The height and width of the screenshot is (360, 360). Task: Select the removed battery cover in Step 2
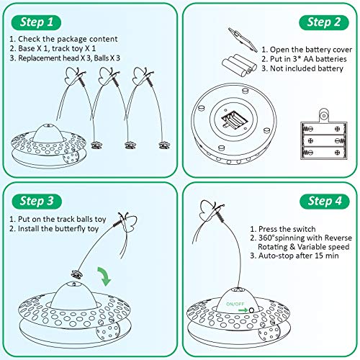(x=237, y=35)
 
